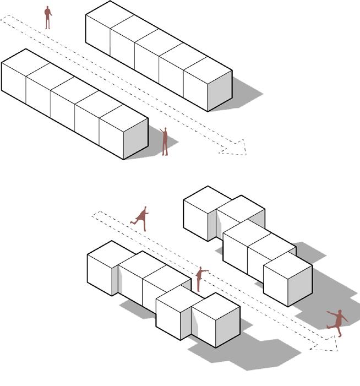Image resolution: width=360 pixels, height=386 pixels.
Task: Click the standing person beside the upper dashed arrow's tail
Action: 48,17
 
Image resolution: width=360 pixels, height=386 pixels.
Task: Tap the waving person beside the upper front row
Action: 165,142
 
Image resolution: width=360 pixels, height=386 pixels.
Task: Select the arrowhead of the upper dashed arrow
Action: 237,148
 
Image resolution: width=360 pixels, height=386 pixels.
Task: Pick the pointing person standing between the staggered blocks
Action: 200,279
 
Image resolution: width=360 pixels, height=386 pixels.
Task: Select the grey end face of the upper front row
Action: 135,138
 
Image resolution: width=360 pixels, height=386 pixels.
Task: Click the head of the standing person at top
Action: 48,8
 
